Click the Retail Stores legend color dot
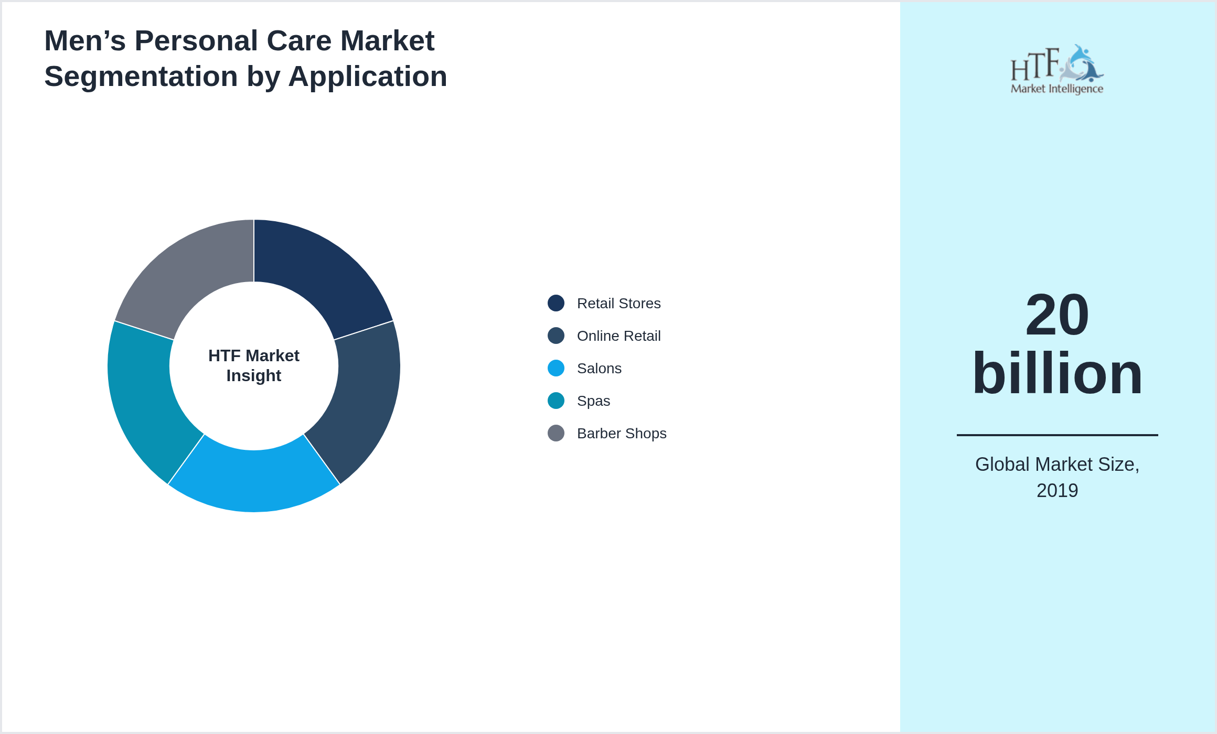click(x=556, y=303)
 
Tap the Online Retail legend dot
click(x=556, y=336)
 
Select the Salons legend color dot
click(x=556, y=368)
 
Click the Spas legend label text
click(x=593, y=401)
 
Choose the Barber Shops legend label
click(x=622, y=434)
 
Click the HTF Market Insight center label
click(x=254, y=365)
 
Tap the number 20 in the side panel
click(x=1057, y=315)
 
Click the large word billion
click(x=1057, y=373)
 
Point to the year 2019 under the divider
click(x=1057, y=491)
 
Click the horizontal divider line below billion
click(x=1057, y=435)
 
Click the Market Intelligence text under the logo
click(x=1057, y=89)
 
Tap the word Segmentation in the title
click(x=141, y=77)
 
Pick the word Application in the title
click(x=368, y=77)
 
